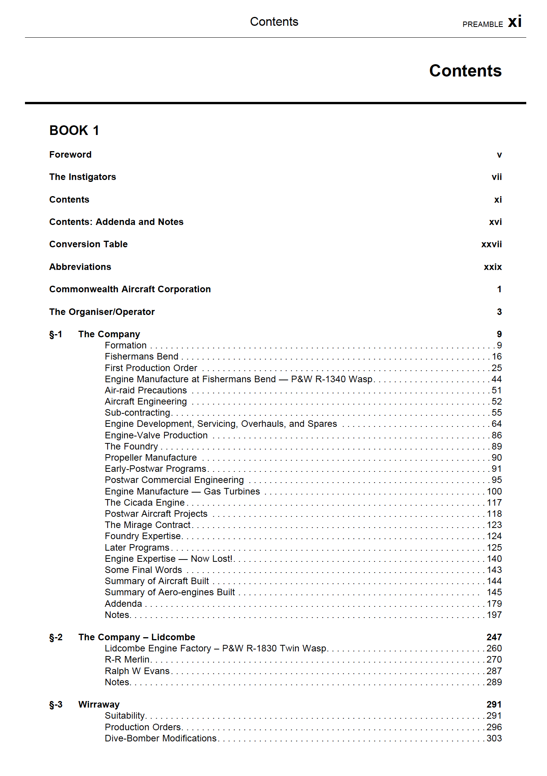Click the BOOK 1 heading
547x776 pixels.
[x=74, y=131]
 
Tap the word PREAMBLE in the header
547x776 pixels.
[x=482, y=25]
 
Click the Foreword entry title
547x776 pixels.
[x=70, y=155]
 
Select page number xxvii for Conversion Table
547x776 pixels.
[x=491, y=244]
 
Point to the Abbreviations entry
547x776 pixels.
[x=80, y=267]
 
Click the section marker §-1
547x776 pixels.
[x=56, y=334]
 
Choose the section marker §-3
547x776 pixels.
[x=56, y=704]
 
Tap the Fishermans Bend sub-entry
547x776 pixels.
[x=141, y=356]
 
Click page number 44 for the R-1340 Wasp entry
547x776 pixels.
[x=496, y=379]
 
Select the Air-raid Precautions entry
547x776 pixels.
[x=146, y=390]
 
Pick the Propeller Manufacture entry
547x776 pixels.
[x=151, y=458]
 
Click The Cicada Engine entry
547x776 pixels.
[x=144, y=503]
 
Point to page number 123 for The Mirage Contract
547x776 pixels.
[x=494, y=525]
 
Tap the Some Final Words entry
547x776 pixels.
[x=143, y=570]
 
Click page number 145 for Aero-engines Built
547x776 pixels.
[x=494, y=592]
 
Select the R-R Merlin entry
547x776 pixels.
[x=127, y=659]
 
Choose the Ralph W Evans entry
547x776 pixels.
[x=137, y=671]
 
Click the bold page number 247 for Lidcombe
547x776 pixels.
[x=494, y=637]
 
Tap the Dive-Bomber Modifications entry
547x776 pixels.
[x=161, y=738]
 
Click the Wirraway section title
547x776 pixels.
[x=99, y=704]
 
